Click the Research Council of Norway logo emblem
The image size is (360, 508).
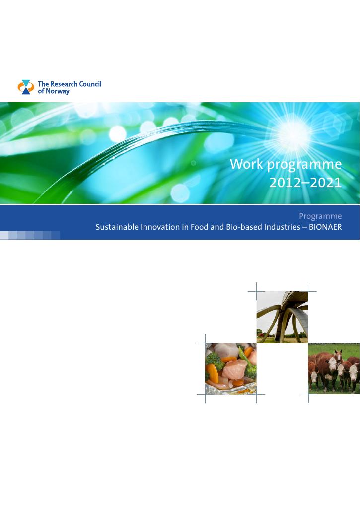tap(26, 87)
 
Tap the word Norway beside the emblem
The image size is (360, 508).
tap(58, 91)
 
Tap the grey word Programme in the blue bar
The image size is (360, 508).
tap(320, 216)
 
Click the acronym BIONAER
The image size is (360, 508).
tap(325, 227)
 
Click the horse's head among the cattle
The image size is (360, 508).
tap(338, 356)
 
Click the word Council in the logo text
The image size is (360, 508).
tap(90, 84)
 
